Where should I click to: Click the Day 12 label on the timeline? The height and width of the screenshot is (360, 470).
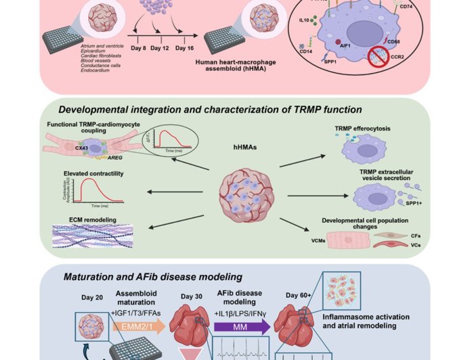coord(161,48)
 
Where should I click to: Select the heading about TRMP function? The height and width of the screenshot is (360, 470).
coord(211,110)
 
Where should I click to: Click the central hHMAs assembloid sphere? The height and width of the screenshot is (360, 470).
coord(242,194)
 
